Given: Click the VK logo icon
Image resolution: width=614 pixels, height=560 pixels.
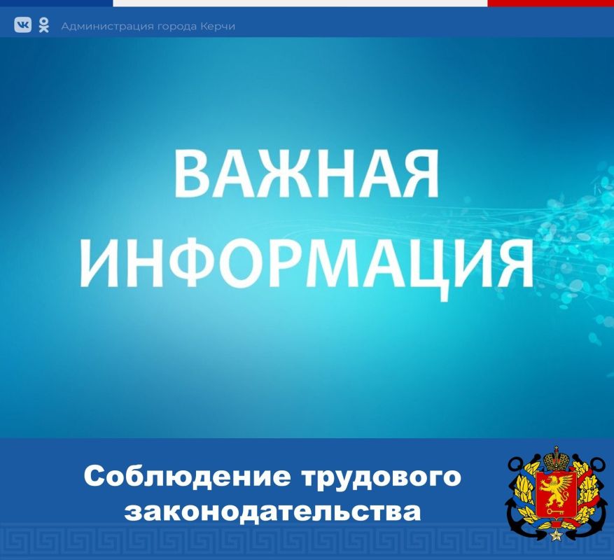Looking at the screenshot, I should coord(23,26).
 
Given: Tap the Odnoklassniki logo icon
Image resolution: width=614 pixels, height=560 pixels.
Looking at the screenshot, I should coord(43,25).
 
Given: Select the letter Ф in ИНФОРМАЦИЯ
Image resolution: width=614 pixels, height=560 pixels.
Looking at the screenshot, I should coord(229,260).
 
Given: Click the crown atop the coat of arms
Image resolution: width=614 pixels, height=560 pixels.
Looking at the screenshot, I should coord(557,455).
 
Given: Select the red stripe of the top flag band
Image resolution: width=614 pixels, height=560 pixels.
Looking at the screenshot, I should coord(550,3).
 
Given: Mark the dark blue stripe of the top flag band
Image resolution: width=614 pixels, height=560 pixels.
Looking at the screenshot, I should coord(56,3).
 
